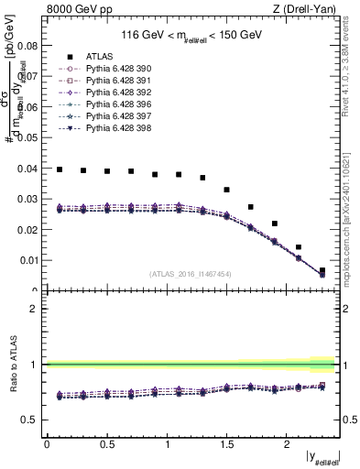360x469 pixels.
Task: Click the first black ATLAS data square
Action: coord(59,169)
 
